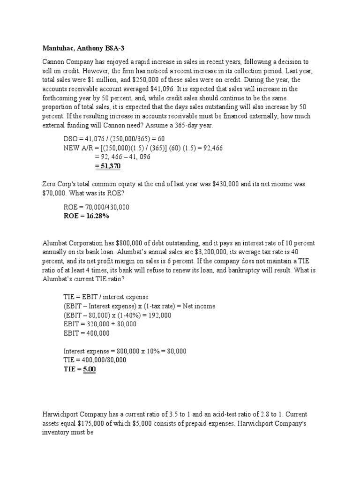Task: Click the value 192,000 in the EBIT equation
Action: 160,315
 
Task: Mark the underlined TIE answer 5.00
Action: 89,369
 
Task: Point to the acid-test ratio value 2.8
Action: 257,415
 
